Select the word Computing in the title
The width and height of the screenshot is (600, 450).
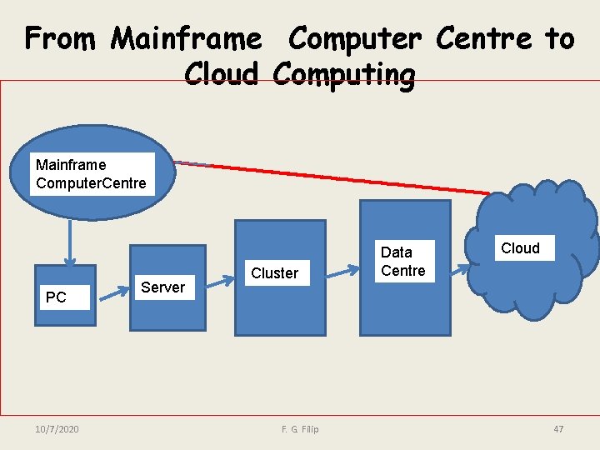pyautogui.click(x=343, y=74)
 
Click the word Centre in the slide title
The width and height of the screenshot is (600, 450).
pyautogui.click(x=483, y=38)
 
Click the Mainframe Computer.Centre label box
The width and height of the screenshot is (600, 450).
pyautogui.click(x=92, y=174)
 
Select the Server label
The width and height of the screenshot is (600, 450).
pyautogui.click(x=162, y=287)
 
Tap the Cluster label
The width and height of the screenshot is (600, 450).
pyautogui.click(x=274, y=273)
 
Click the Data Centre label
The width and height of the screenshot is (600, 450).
pyautogui.click(x=403, y=261)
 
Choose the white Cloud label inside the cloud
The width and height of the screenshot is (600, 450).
pyautogui.click(x=520, y=248)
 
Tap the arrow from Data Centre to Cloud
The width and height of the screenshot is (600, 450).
pyautogui.click(x=460, y=267)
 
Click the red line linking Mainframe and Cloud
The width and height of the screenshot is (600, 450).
pyautogui.click(x=333, y=177)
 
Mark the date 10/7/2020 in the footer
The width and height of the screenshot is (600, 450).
pyautogui.click(x=57, y=428)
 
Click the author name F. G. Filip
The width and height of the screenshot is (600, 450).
pyautogui.click(x=300, y=428)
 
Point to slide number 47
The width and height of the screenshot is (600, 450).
pyautogui.click(x=558, y=428)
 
